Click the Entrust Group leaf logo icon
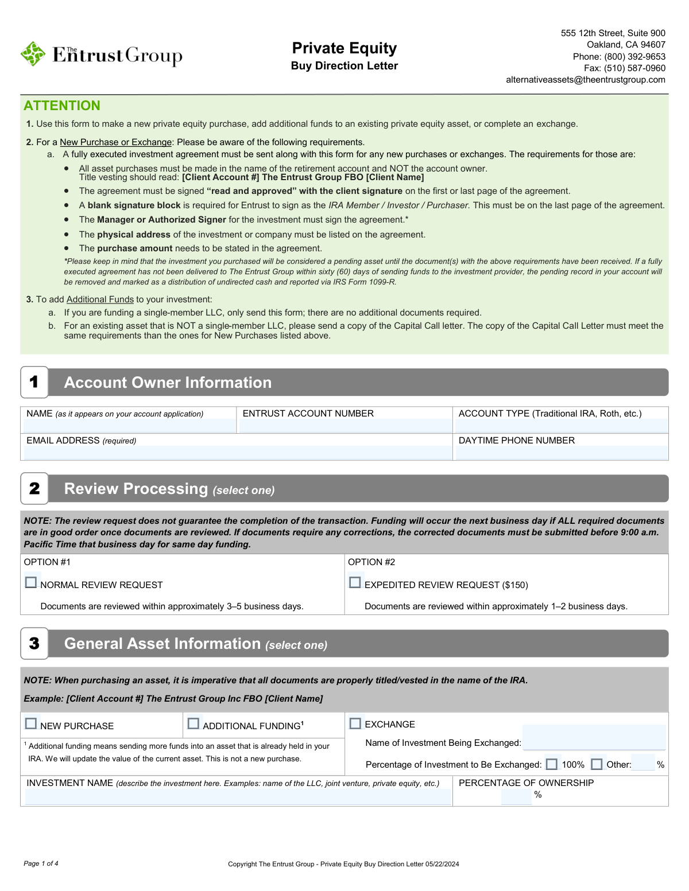pos(33,54)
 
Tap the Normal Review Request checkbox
pos(31,583)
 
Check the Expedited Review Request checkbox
pos(355,583)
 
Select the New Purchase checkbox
pos(31,724)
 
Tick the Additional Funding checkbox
pos(193,724)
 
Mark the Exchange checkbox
pos(356,724)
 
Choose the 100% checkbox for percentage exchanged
pos(552,764)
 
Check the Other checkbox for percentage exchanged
pos(597,764)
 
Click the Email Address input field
pos(238,453)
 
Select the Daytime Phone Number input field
pos(562,453)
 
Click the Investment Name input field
pos(238,797)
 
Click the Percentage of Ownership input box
pos(516,796)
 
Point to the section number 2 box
pos(34,489)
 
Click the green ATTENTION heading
pos(62,106)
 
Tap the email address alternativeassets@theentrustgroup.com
pos(586,80)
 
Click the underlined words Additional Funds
pos(100,299)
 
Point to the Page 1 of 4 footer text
pos(41,863)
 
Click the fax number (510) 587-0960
pos(634,68)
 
